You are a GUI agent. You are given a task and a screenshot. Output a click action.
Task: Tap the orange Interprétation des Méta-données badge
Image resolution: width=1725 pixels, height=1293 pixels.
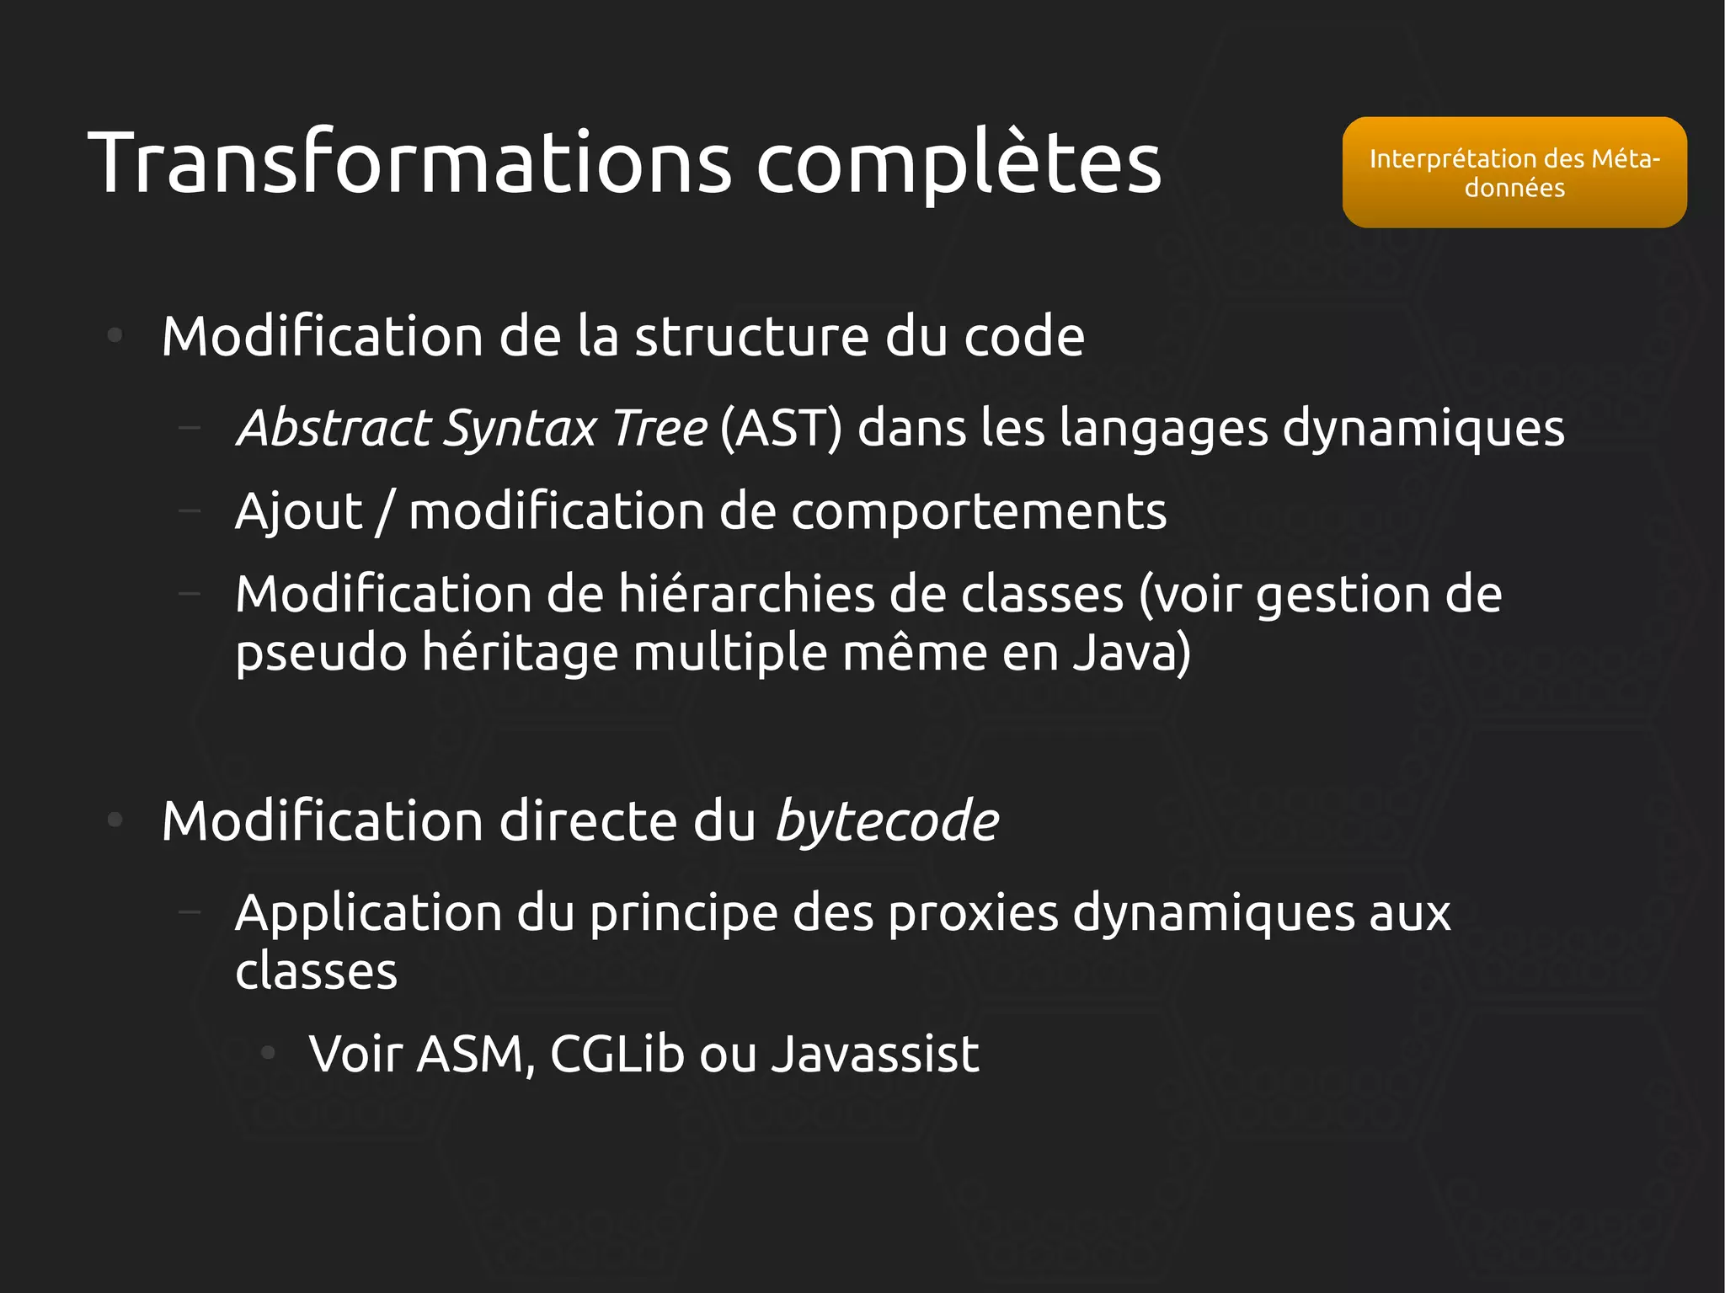coord(1514,173)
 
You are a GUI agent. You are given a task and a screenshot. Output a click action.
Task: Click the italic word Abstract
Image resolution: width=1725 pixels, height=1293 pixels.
coord(334,428)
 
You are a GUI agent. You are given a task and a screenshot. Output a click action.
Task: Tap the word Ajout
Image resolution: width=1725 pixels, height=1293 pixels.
coord(299,512)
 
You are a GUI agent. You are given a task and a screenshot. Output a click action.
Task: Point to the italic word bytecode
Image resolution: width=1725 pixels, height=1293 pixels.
coord(887,821)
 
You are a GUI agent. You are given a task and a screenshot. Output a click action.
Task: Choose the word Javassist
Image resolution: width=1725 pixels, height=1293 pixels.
coord(876,1054)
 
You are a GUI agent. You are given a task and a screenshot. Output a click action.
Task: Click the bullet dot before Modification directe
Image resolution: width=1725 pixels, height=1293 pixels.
coord(115,820)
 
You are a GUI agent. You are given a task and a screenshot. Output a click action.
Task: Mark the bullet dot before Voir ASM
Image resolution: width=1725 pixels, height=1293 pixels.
coord(268,1052)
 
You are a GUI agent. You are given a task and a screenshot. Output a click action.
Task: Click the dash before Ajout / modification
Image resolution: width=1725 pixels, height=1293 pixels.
coord(190,510)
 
